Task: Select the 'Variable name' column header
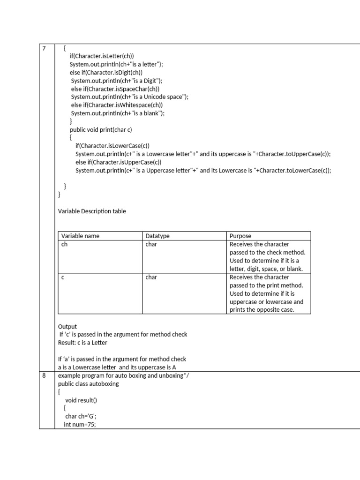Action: (80, 236)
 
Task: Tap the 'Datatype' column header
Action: (157, 236)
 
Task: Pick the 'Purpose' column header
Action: (240, 236)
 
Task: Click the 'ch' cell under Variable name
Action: (65, 244)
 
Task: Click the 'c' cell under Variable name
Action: (63, 277)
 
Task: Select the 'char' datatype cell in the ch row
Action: (151, 244)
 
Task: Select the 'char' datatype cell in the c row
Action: (151, 277)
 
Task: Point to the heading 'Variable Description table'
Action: (92, 211)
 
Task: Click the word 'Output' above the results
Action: (67, 326)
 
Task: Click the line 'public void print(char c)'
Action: (104, 129)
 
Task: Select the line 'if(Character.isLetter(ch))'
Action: (102, 56)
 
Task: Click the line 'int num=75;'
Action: (80, 425)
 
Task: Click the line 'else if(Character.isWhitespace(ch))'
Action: (117, 105)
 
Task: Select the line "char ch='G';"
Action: (81, 416)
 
